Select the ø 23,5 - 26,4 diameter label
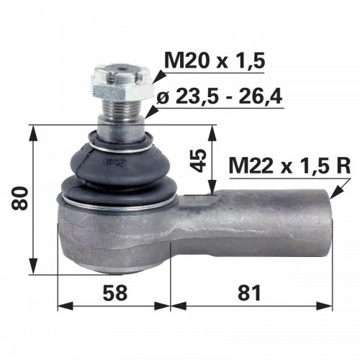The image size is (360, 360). (220, 96)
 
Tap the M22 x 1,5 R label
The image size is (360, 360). (289, 166)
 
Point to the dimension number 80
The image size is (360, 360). (19, 199)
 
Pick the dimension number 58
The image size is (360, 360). (114, 293)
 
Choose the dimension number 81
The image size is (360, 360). (249, 293)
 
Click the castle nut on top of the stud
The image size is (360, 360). (122, 84)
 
